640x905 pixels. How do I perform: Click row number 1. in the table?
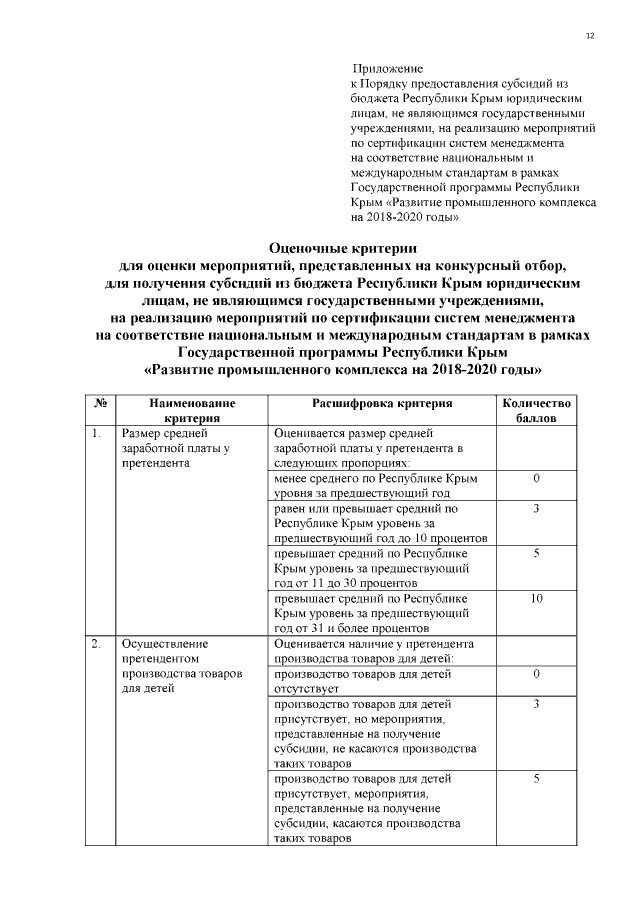[96, 434]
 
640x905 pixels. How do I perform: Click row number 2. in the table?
[96, 644]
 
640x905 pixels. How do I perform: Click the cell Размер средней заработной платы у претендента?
[175, 449]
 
